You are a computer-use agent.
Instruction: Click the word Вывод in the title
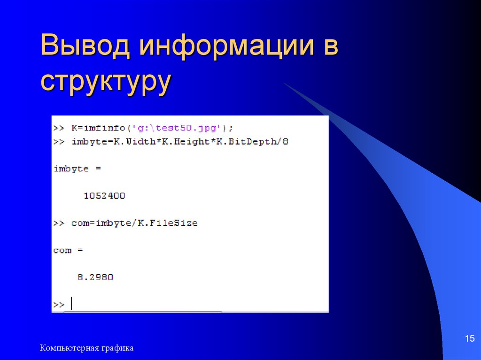pyautogui.click(x=85, y=46)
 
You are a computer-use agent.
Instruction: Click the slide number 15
pyautogui.click(x=469, y=338)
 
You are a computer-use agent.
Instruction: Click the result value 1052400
pyautogui.click(x=104, y=196)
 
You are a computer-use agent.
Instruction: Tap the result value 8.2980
pyautogui.click(x=95, y=277)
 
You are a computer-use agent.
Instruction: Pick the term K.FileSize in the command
pyautogui.click(x=167, y=223)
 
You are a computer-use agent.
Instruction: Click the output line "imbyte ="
pyautogui.click(x=78, y=169)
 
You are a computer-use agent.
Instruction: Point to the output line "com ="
pyautogui.click(x=68, y=251)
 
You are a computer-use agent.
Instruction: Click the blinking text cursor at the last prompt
pyautogui.click(x=71, y=303)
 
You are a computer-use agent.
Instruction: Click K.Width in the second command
pyautogui.click(x=134, y=141)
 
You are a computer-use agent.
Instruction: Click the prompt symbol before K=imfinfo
pyautogui.click(x=59, y=128)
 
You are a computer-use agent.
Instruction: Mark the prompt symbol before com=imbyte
pyautogui.click(x=59, y=223)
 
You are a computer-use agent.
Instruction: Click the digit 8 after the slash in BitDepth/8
pyautogui.click(x=285, y=141)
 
